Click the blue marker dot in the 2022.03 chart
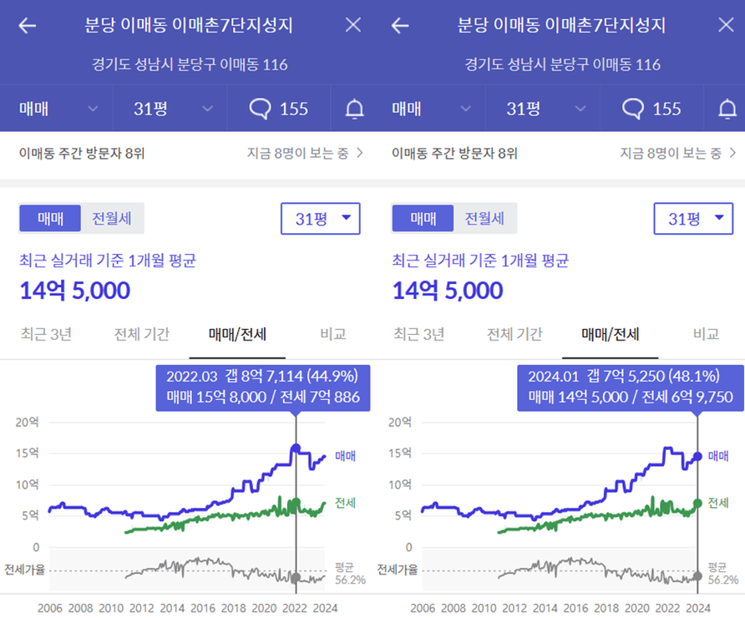(296, 448)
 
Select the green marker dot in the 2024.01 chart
(697, 504)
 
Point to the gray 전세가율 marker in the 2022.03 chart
(296, 577)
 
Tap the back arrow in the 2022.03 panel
(28, 25)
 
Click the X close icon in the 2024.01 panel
(726, 25)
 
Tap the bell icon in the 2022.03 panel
(355, 109)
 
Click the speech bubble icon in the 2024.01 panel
(634, 109)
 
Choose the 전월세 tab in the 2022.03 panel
(113, 219)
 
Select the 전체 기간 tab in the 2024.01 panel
(514, 335)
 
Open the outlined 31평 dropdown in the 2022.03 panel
(320, 219)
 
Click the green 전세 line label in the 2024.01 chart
(718, 503)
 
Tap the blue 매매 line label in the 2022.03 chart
(345, 456)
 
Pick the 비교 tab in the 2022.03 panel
(332, 335)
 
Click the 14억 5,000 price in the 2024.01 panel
(448, 291)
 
